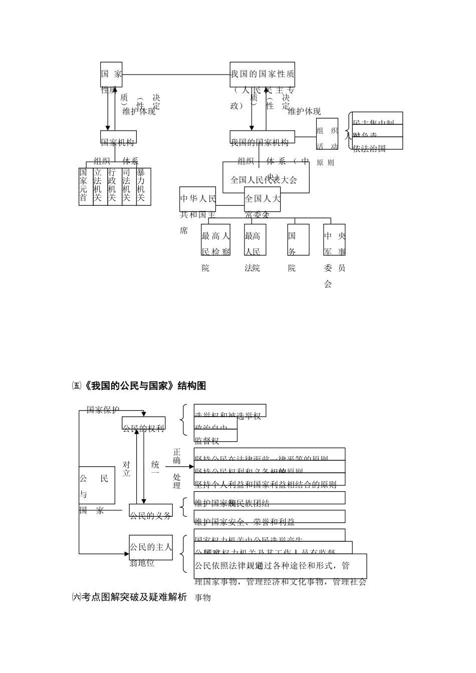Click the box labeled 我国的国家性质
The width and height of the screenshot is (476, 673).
tap(262, 74)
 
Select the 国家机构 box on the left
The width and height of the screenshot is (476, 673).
tap(118, 138)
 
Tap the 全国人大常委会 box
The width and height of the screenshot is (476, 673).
tap(262, 199)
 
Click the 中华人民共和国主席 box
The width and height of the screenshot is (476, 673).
tap(198, 199)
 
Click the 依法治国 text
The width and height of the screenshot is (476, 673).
tap(370, 148)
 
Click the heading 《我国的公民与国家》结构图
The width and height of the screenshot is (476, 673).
tap(142, 386)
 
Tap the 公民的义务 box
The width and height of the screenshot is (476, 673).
tap(150, 512)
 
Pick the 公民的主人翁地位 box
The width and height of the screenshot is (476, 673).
tap(150, 548)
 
